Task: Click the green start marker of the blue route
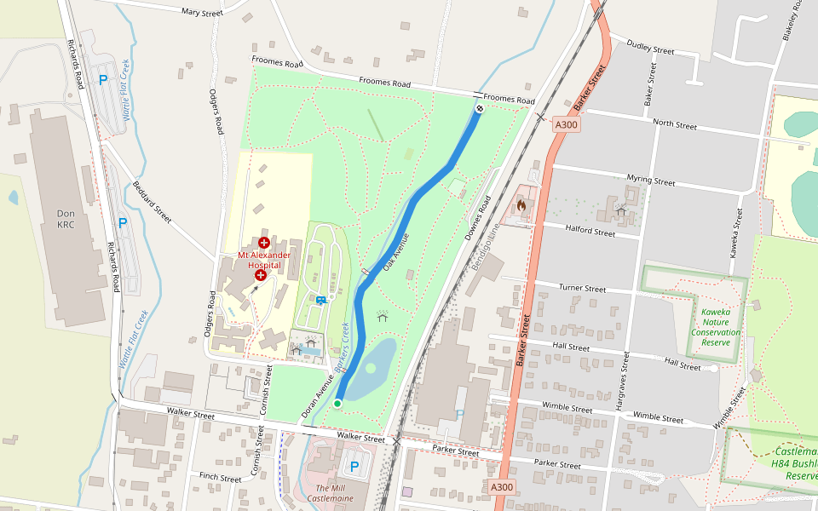point(337,403)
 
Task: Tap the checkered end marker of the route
point(480,108)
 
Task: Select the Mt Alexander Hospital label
point(263,260)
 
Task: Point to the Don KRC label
point(66,219)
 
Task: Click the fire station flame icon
point(521,205)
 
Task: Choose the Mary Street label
point(202,13)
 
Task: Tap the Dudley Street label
point(650,46)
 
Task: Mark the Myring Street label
point(650,181)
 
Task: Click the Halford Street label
point(590,232)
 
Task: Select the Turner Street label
point(582,289)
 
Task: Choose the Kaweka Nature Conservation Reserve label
point(716,327)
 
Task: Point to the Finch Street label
point(221,479)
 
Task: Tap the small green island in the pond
point(370,368)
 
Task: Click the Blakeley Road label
point(792,21)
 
